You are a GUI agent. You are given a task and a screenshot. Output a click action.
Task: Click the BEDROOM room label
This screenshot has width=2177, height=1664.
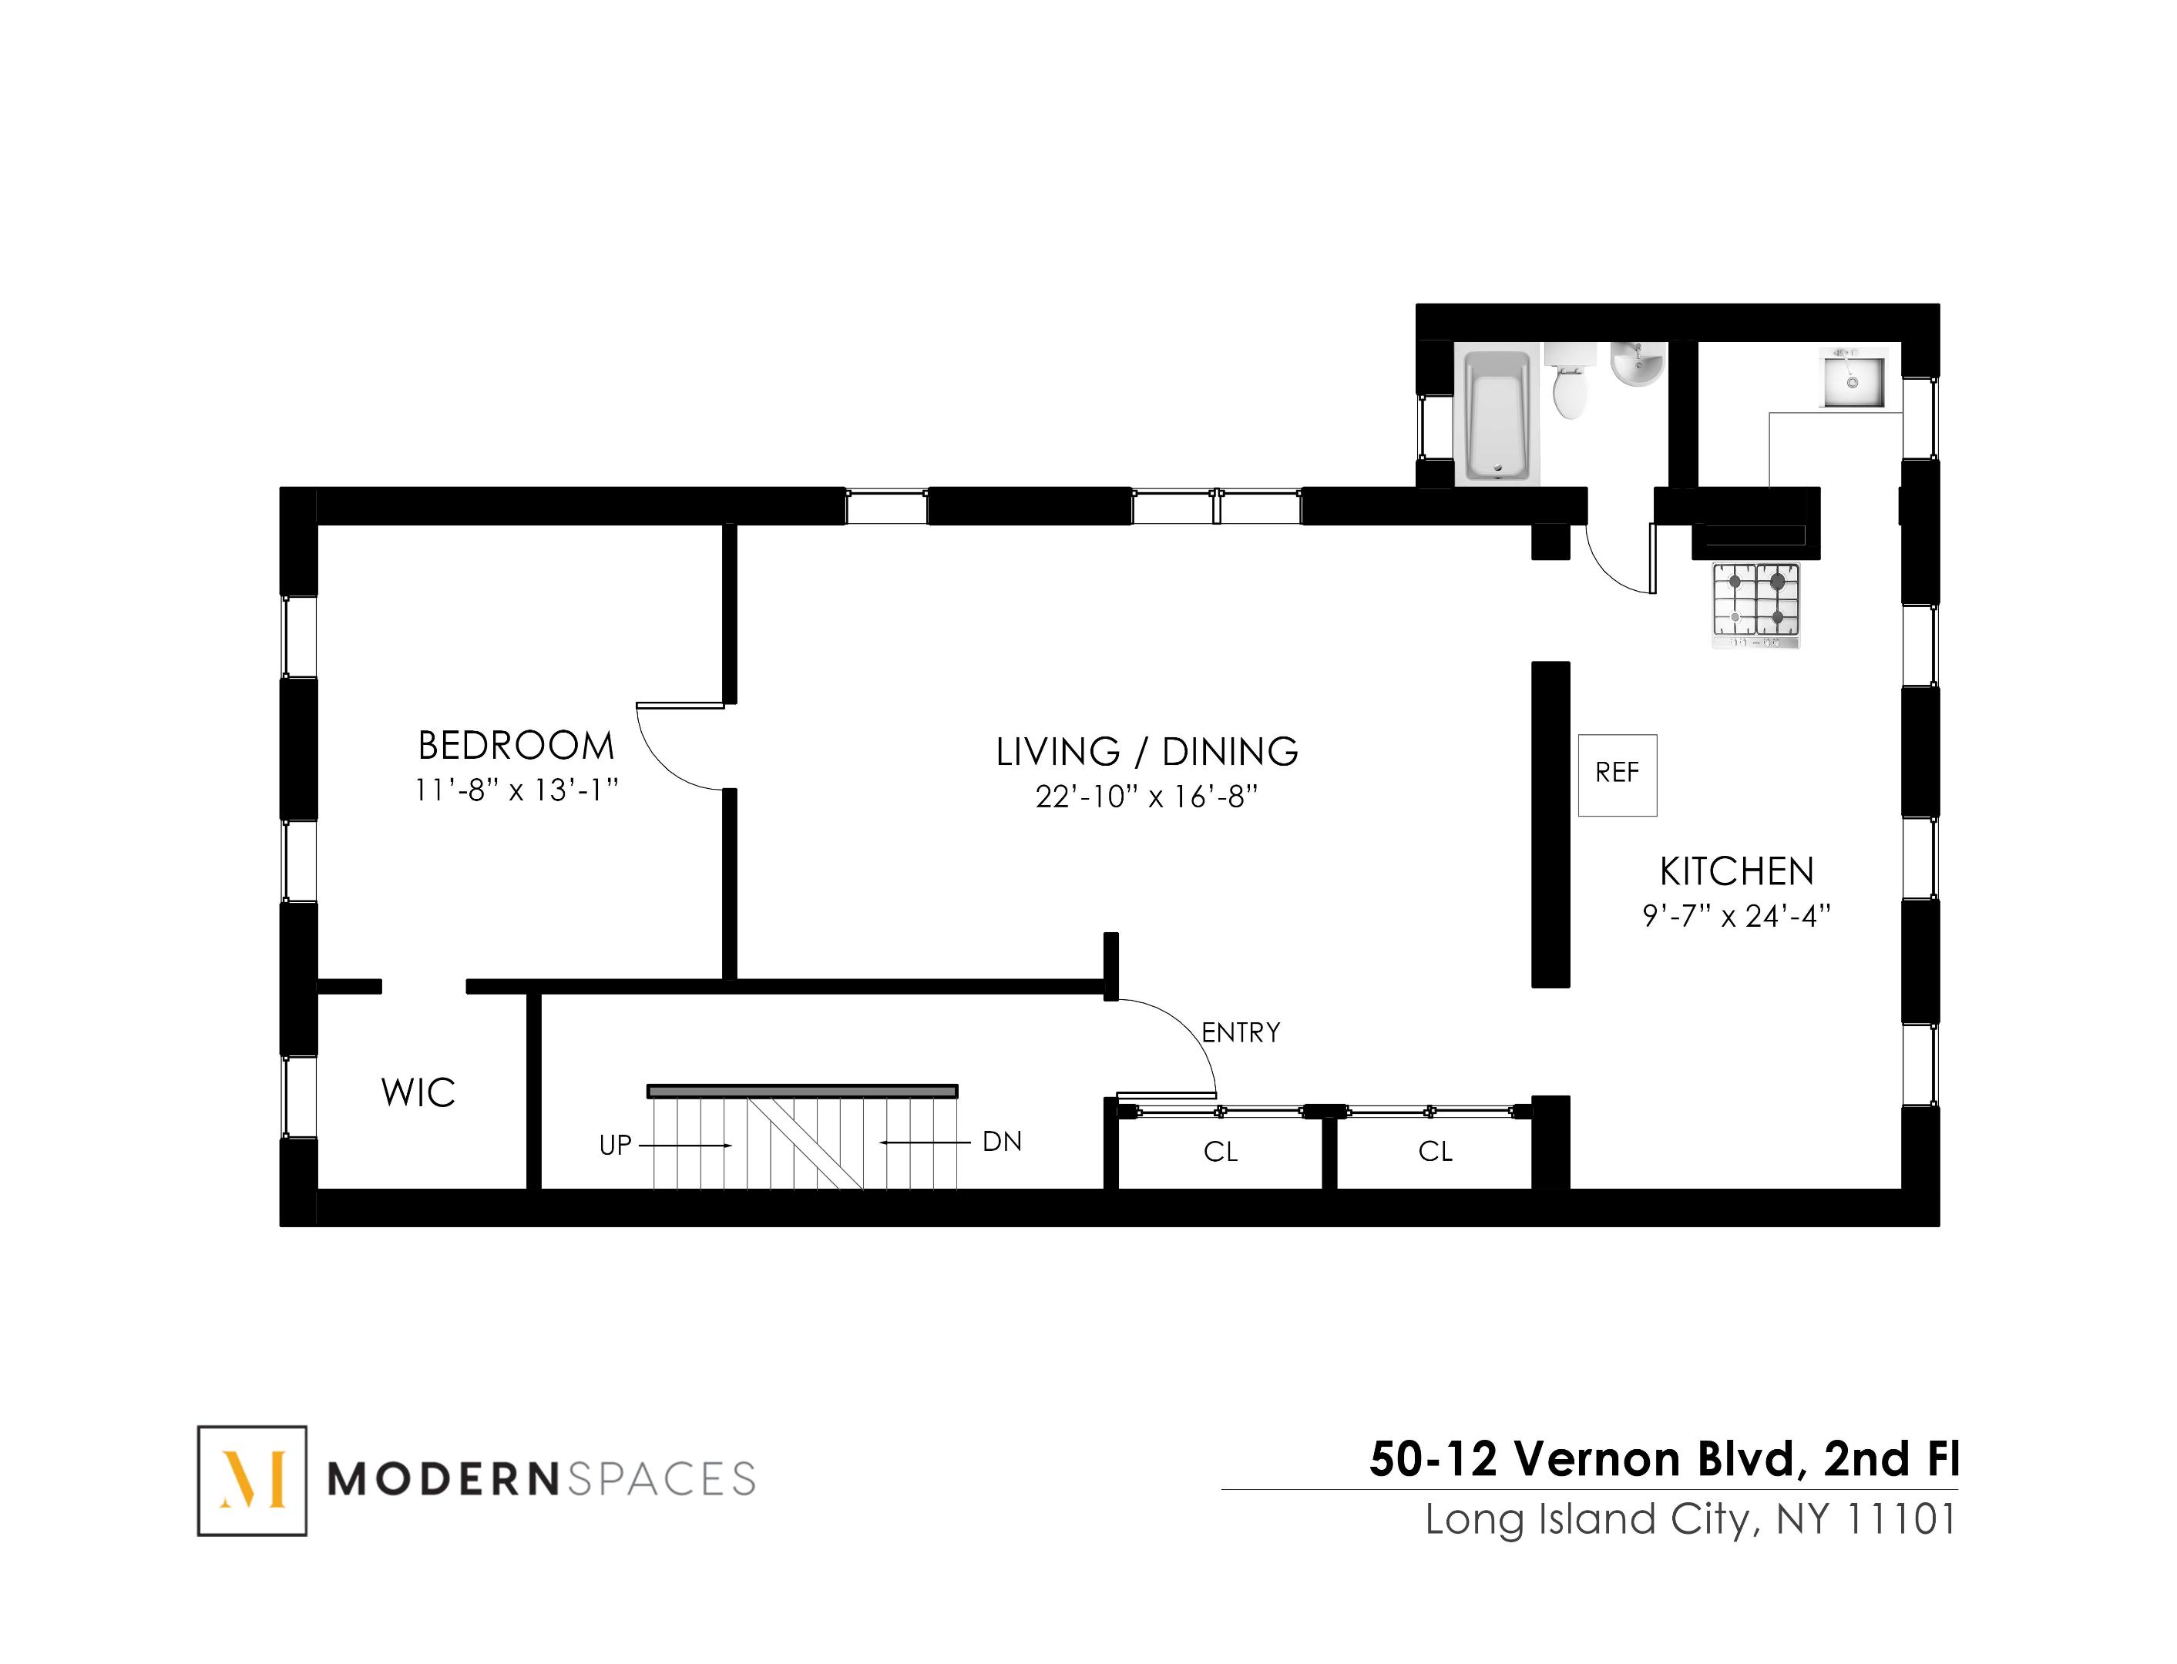click(516, 745)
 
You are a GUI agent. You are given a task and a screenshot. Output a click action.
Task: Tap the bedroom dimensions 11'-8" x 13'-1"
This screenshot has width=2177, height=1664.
click(516, 790)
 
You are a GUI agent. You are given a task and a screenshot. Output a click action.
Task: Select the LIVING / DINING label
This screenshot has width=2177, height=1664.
click(1147, 752)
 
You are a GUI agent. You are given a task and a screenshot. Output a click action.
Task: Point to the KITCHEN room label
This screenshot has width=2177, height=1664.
click(1736, 871)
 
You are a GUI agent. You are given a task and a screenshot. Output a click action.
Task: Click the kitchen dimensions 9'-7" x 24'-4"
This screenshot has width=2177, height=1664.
click(1736, 916)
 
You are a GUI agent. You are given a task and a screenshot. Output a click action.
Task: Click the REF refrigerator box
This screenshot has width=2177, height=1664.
click(1616, 773)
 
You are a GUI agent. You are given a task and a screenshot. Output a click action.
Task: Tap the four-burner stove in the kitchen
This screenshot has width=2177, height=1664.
click(1755, 603)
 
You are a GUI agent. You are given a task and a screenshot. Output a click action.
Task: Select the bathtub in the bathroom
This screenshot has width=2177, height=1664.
click(1497, 417)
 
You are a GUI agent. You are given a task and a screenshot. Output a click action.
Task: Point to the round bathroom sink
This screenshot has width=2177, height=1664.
click(1636, 364)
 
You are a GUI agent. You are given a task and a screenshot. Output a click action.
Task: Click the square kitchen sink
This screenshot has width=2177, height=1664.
click(1851, 377)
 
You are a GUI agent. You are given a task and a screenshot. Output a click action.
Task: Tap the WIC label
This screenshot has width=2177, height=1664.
click(418, 1092)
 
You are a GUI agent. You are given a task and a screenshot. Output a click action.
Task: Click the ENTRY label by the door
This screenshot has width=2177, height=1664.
click(1241, 1032)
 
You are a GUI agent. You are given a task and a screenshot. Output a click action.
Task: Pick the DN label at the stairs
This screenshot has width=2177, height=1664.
click(1001, 1142)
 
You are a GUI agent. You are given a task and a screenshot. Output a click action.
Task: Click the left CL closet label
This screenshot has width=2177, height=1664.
click(1220, 1152)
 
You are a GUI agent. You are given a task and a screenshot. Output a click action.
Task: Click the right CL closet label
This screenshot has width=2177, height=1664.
click(1434, 1152)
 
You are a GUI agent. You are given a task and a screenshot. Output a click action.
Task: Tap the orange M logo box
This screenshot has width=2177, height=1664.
click(252, 1480)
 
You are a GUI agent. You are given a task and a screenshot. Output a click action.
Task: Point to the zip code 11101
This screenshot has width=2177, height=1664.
click(1900, 1519)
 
